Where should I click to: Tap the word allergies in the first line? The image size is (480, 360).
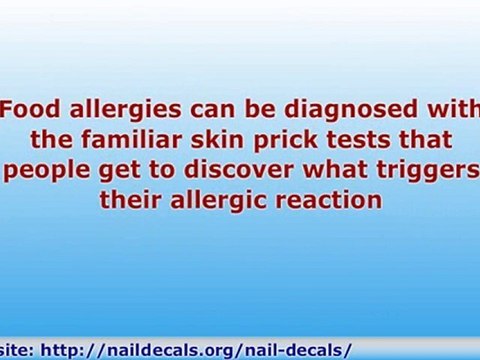tap(113, 109)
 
